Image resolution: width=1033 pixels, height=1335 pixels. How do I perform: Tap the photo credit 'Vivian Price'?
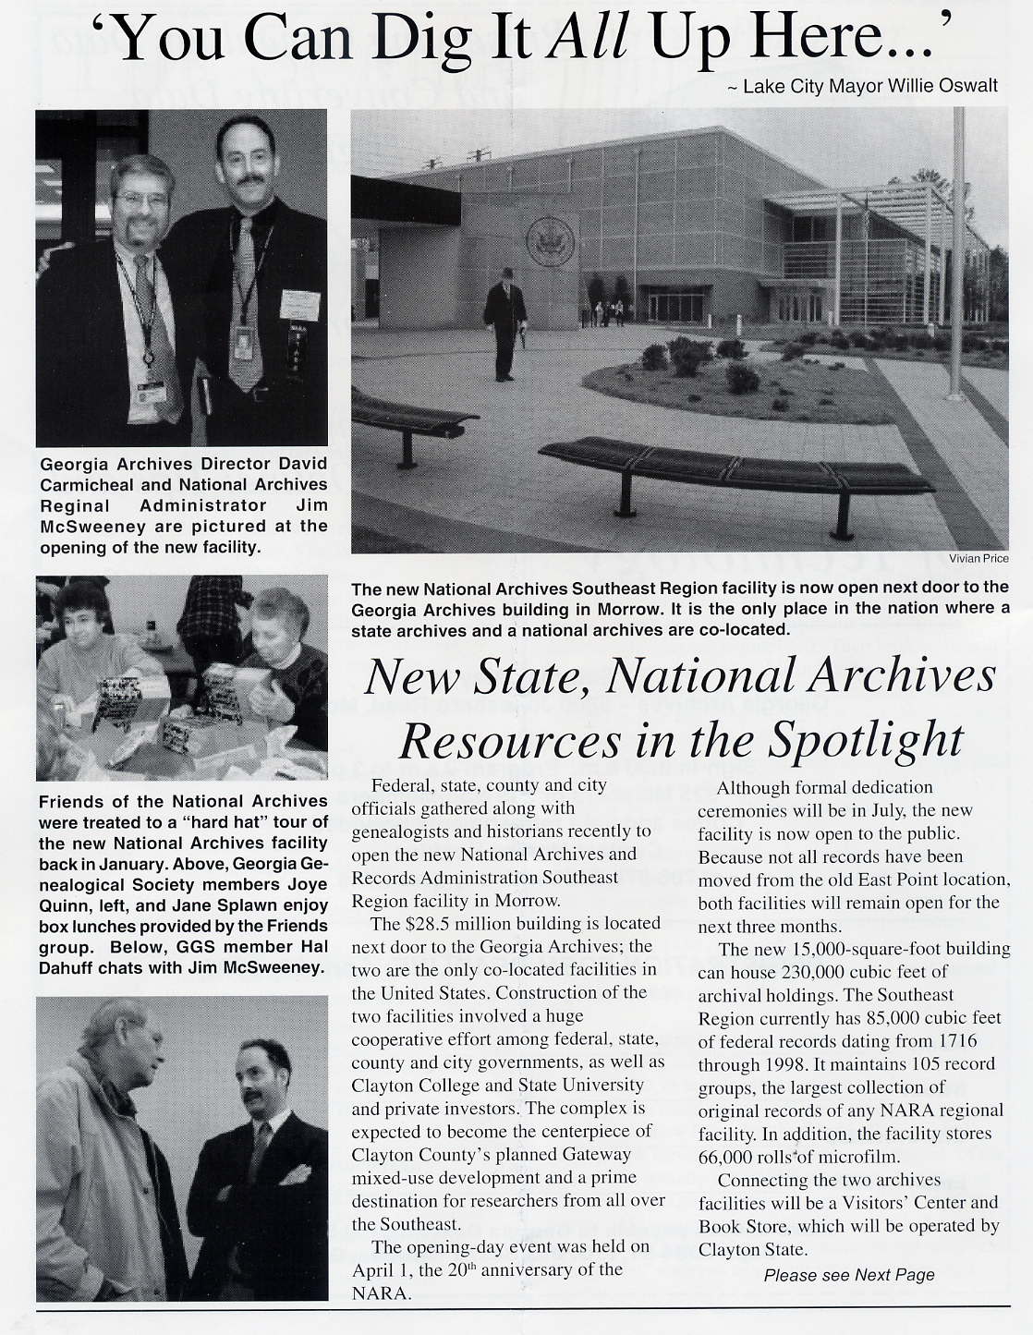(x=978, y=558)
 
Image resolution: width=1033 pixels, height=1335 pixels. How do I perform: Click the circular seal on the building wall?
(x=550, y=242)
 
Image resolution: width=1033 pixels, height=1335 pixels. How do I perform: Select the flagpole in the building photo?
(x=957, y=249)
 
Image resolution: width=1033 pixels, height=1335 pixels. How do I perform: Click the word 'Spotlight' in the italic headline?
(x=865, y=739)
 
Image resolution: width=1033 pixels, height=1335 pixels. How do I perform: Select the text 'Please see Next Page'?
(x=848, y=1275)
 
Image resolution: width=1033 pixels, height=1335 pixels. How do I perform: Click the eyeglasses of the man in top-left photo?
(x=141, y=200)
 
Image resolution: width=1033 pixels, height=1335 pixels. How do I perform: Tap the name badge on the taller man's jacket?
(x=299, y=305)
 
